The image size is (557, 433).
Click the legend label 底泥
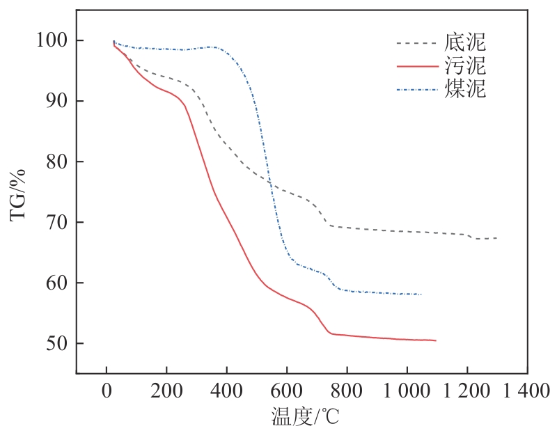point(464,42)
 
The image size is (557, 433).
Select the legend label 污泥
point(464,66)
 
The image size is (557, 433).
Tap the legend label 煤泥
point(464,89)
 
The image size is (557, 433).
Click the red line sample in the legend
point(416,67)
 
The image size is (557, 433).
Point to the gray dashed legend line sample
point(416,43)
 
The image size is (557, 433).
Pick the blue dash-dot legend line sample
point(416,90)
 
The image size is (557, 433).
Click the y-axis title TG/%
point(19,194)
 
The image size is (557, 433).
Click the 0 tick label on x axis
point(107,391)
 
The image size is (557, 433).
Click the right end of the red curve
point(435,340)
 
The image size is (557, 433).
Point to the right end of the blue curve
point(421,294)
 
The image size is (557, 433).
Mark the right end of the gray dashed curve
point(496,238)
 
